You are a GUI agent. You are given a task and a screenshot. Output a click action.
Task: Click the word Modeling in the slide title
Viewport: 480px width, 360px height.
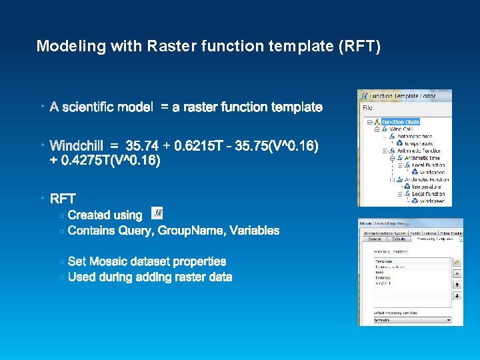(x=61, y=46)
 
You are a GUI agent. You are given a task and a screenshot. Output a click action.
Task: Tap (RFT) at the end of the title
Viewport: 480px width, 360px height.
(x=360, y=46)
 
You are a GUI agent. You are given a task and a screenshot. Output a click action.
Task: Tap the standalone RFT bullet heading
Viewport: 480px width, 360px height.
(x=63, y=199)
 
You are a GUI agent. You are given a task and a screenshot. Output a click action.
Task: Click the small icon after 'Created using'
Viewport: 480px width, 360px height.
(x=157, y=213)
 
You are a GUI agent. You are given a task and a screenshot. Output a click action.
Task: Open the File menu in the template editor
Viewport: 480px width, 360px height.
(x=367, y=107)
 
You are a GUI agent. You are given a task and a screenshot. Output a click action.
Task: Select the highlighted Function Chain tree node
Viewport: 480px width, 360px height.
(x=400, y=122)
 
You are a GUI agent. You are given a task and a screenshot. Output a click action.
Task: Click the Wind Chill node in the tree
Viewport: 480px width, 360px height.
(x=401, y=129)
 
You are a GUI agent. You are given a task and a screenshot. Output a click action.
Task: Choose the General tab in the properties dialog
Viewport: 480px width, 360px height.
(x=373, y=238)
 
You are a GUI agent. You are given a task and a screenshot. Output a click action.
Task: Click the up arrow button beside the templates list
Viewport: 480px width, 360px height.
(x=457, y=284)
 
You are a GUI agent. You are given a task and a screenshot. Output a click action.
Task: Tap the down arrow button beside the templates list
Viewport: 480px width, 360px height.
(x=457, y=295)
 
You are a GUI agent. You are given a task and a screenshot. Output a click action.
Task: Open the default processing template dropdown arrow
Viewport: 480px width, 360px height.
(x=449, y=320)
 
